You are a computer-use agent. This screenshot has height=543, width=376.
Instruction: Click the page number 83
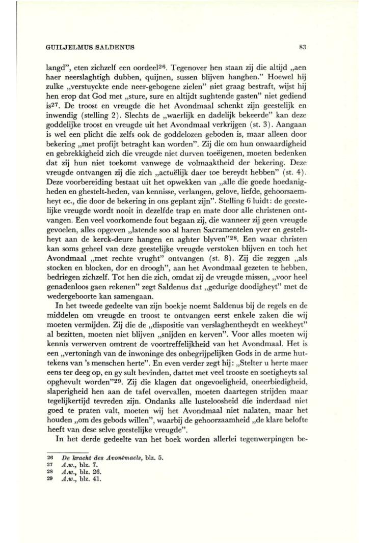302,49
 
